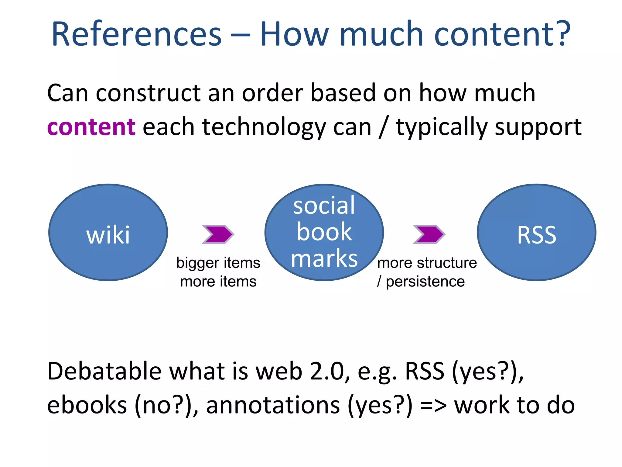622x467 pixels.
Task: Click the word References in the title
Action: click(x=137, y=34)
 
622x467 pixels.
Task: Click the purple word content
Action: click(x=91, y=127)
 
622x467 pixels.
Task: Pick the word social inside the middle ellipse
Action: click(x=324, y=206)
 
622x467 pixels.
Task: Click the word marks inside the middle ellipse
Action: click(x=324, y=259)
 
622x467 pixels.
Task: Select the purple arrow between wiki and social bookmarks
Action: click(x=218, y=234)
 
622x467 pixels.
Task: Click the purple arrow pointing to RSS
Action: click(x=429, y=234)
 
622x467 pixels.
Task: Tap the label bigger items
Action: click(x=218, y=263)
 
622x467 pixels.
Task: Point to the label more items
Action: click(x=218, y=282)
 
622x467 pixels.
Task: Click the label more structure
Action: click(x=427, y=263)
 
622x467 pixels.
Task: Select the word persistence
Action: click(x=425, y=282)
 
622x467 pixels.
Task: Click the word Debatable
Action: click(x=104, y=372)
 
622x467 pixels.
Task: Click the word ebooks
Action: click(x=87, y=405)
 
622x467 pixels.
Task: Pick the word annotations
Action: click(x=273, y=405)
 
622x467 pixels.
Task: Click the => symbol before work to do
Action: click(x=433, y=406)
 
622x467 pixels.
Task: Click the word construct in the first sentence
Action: click(x=148, y=93)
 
